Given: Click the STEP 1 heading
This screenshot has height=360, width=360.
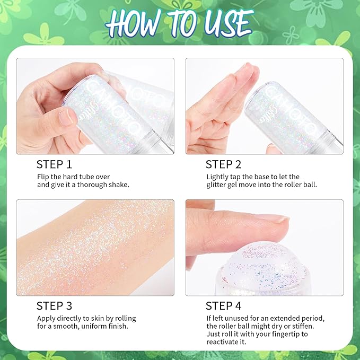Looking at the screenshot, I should (x=54, y=164).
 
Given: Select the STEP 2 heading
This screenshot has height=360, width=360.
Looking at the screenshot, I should (x=223, y=164).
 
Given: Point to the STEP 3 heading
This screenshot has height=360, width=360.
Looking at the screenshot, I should (x=54, y=305).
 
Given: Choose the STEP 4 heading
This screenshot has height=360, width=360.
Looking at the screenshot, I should (x=223, y=305).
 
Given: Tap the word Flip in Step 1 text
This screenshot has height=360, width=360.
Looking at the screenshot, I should (x=43, y=176).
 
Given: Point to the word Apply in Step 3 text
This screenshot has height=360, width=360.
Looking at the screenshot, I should (x=46, y=318).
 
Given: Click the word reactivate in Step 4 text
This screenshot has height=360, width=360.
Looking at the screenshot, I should (x=224, y=343).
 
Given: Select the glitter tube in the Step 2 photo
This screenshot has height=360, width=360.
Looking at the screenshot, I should (x=289, y=117).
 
